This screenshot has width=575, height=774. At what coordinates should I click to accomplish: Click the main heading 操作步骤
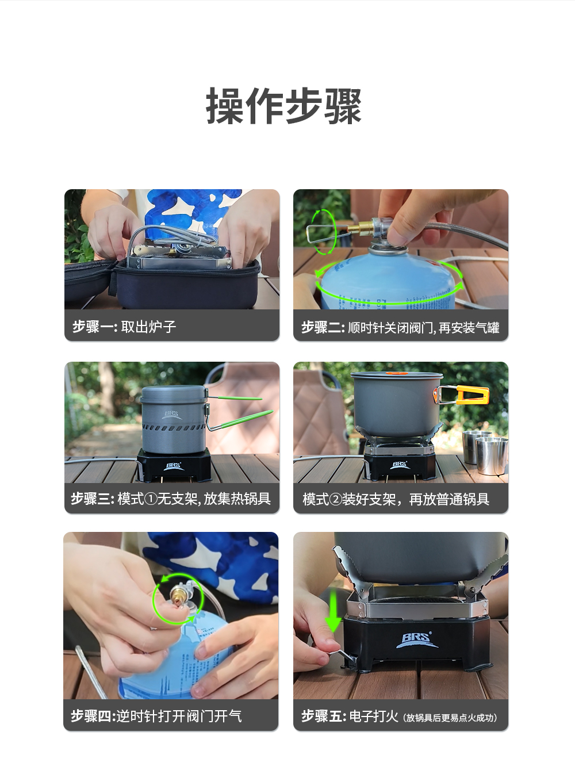tap(283, 106)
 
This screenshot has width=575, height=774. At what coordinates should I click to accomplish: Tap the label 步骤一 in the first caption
tap(94, 327)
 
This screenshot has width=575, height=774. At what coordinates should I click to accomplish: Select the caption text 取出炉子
tap(148, 327)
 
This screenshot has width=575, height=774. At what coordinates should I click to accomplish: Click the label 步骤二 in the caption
tap(323, 328)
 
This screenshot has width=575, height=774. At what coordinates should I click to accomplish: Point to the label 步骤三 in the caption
tap(93, 499)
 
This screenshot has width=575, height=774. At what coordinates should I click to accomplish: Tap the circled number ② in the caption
tap(335, 500)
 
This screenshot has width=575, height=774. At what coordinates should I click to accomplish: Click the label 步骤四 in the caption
tap(93, 716)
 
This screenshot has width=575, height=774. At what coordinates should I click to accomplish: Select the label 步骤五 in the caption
tap(323, 716)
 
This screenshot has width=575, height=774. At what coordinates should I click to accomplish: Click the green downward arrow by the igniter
tap(333, 610)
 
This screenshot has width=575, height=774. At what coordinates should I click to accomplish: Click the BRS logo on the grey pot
tap(172, 415)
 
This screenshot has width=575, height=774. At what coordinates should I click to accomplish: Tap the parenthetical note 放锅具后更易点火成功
tap(450, 718)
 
